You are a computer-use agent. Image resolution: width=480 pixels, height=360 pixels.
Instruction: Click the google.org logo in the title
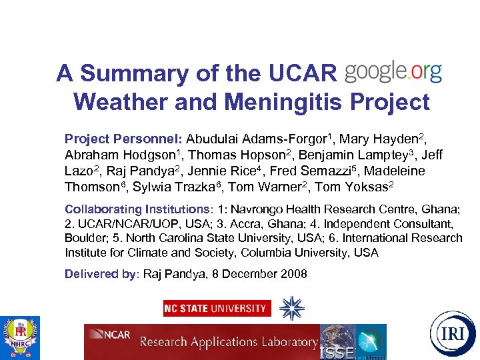click(393, 72)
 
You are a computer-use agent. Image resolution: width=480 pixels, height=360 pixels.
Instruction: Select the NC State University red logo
click(217, 308)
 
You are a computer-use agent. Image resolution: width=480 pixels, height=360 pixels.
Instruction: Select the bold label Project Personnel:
click(123, 139)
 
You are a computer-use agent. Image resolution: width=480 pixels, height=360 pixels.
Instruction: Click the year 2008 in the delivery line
click(293, 274)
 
